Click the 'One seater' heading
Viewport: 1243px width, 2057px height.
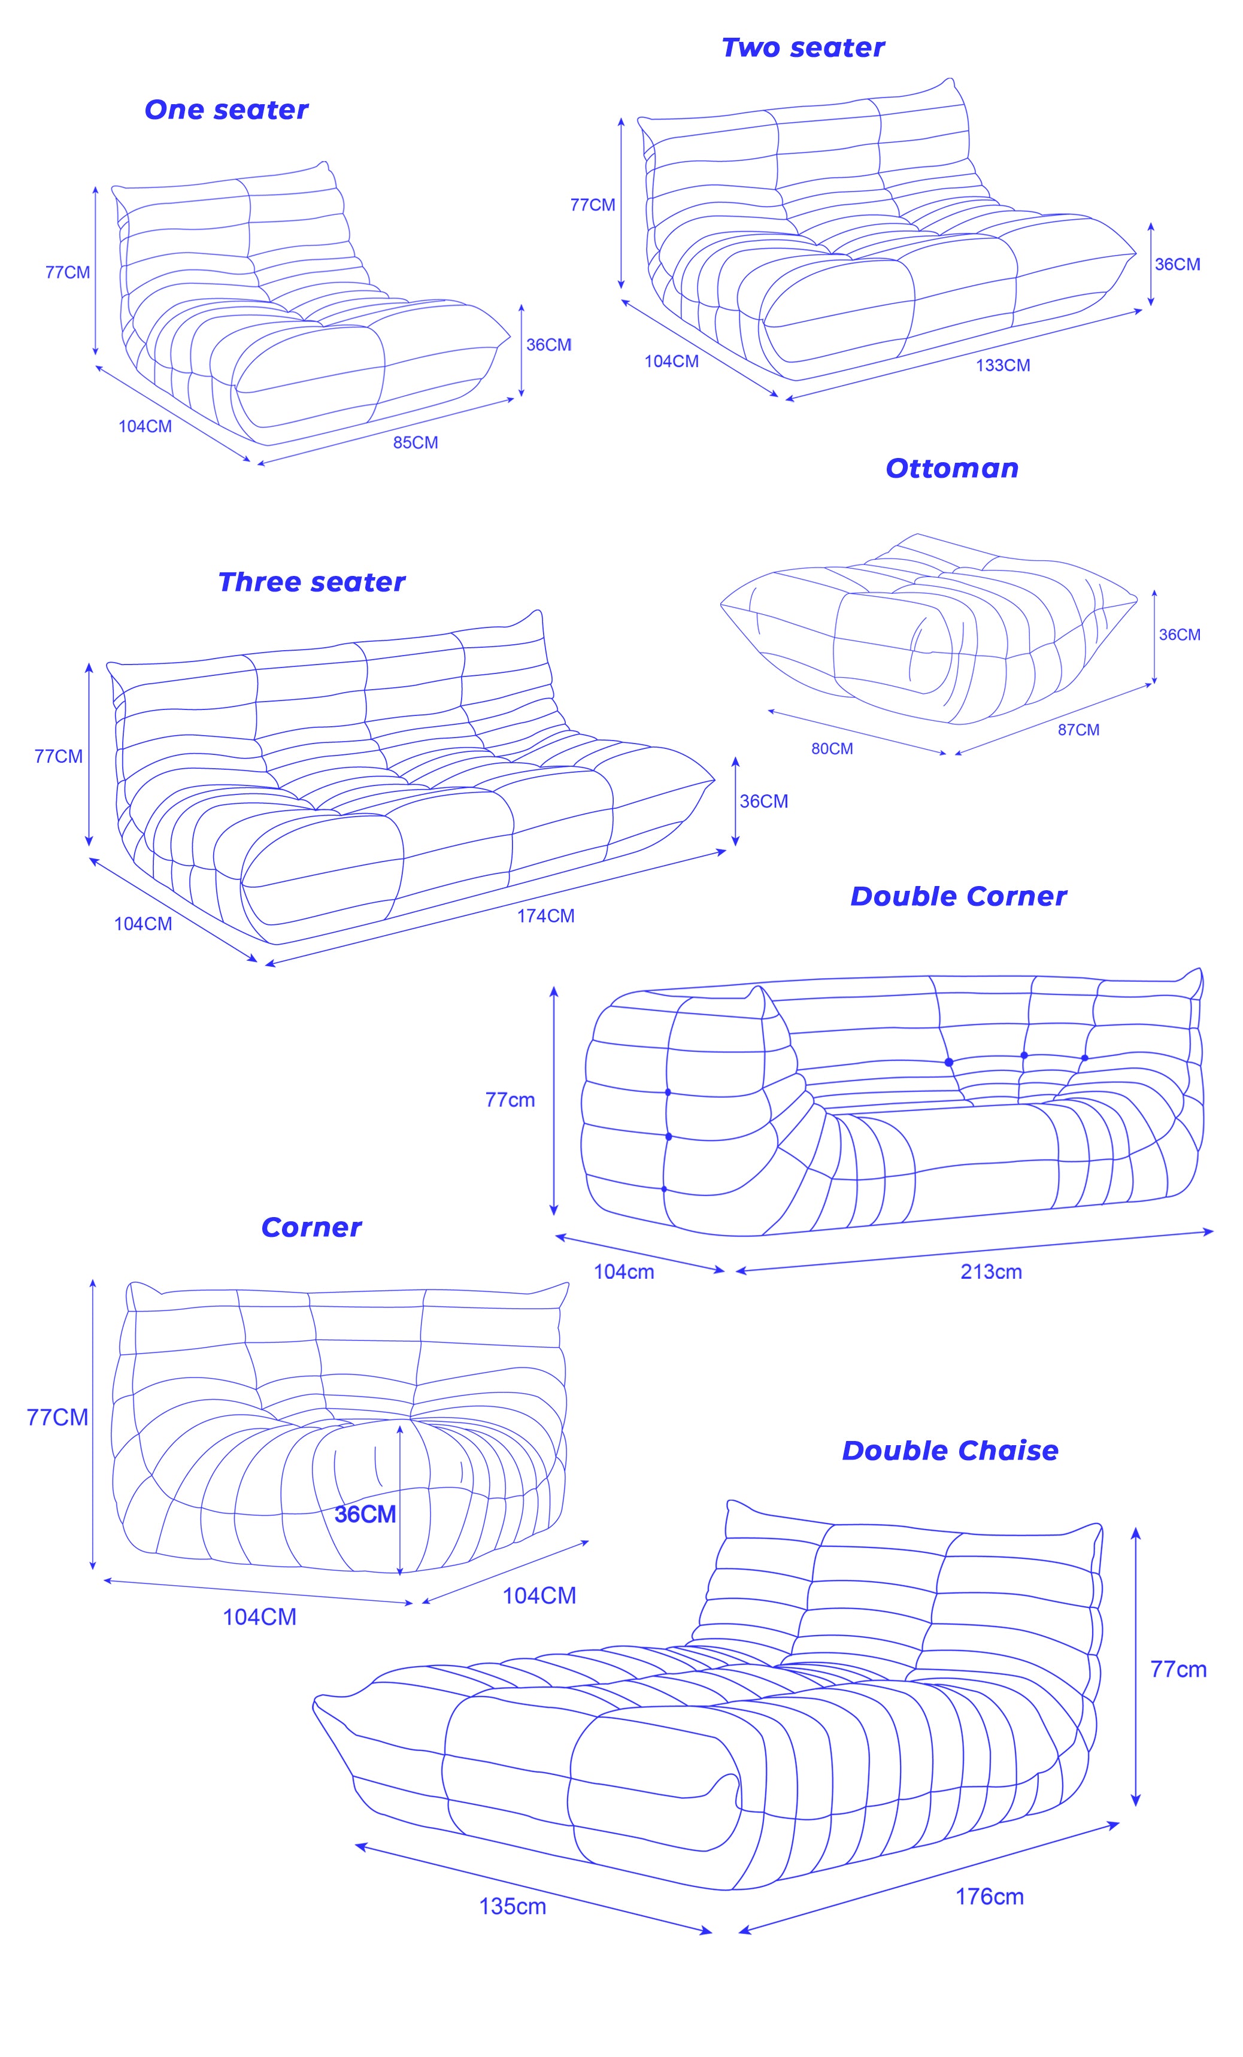click(226, 110)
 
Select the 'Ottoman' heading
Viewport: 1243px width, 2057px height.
click(951, 468)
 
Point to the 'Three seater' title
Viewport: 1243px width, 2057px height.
click(311, 582)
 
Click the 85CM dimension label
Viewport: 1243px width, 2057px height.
click(415, 442)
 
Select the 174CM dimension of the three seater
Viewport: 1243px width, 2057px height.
click(545, 916)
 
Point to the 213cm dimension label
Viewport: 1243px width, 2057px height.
click(991, 1272)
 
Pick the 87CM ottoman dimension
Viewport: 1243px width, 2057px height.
click(1078, 730)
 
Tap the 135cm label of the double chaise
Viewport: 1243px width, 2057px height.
click(512, 1907)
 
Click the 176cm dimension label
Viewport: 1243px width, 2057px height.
click(989, 1897)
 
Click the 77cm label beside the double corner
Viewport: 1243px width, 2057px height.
click(509, 1100)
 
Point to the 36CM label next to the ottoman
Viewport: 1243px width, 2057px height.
click(1179, 635)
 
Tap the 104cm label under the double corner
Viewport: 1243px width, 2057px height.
click(623, 1272)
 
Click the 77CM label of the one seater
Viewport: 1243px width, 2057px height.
click(68, 272)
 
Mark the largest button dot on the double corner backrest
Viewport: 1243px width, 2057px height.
click(948, 1062)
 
